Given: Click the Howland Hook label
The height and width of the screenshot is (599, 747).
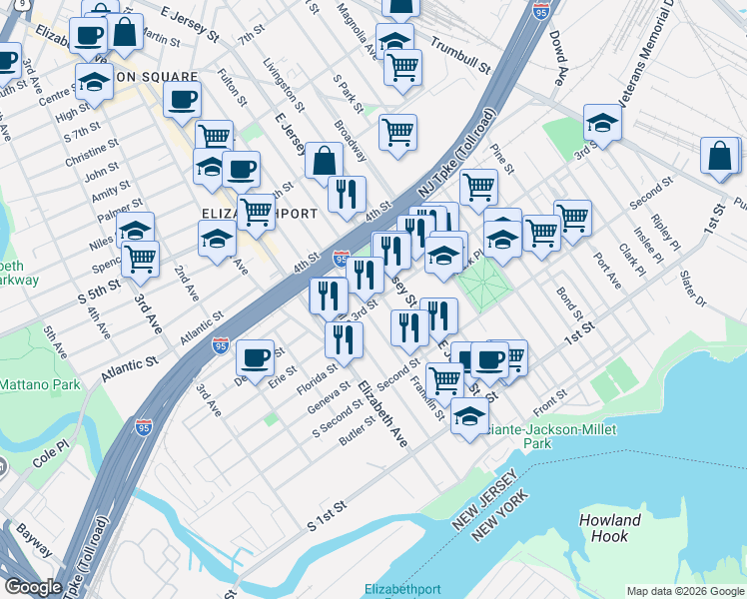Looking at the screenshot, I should [x=609, y=528].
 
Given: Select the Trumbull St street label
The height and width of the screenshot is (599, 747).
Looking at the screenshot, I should [x=460, y=57].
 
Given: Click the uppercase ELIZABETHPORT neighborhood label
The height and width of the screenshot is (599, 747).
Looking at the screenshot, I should [x=260, y=214].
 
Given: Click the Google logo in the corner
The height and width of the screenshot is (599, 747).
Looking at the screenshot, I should [x=34, y=587].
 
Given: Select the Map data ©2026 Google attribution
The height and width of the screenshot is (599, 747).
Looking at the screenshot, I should [x=684, y=591].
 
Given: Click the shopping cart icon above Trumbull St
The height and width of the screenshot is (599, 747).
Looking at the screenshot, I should [x=402, y=67].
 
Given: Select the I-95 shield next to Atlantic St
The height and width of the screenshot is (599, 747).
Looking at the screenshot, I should [x=221, y=346].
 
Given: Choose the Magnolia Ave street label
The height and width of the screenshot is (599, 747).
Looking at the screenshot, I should [x=357, y=28].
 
